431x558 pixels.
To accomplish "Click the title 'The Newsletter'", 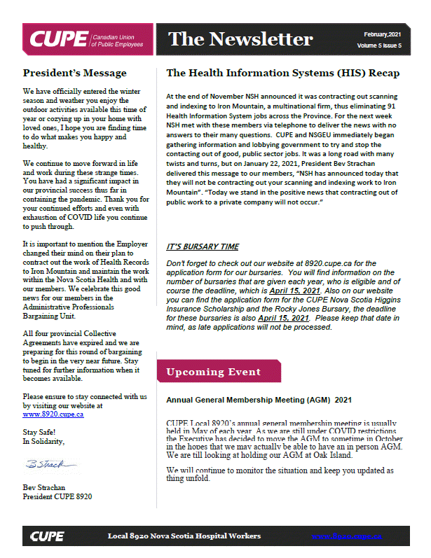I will (240, 38).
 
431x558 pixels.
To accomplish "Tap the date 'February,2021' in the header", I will (383, 34).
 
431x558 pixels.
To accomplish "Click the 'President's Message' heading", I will (74, 73).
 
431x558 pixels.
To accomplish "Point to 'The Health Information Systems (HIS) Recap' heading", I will (282, 73).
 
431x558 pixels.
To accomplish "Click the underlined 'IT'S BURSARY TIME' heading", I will (203, 246).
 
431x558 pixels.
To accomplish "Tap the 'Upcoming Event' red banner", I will (213, 372).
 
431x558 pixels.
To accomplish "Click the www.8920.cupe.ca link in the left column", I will (53, 414).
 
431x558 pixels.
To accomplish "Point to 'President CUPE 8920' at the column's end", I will (57, 496).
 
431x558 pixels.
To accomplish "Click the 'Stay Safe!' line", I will (39, 432).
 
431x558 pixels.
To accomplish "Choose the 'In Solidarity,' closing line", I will (43, 441).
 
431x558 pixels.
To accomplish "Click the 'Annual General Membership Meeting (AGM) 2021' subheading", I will (259, 400).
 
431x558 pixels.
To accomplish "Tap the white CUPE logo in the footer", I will (47, 536).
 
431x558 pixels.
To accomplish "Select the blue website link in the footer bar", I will (347, 536).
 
